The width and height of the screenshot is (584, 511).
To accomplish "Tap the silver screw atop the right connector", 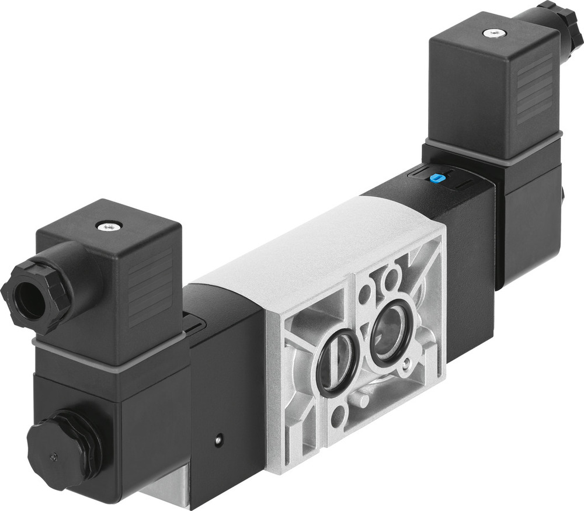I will tap(495, 33).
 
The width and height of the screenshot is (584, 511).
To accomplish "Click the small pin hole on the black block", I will tap(218, 439).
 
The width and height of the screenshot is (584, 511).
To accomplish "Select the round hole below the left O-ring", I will tap(338, 415).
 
